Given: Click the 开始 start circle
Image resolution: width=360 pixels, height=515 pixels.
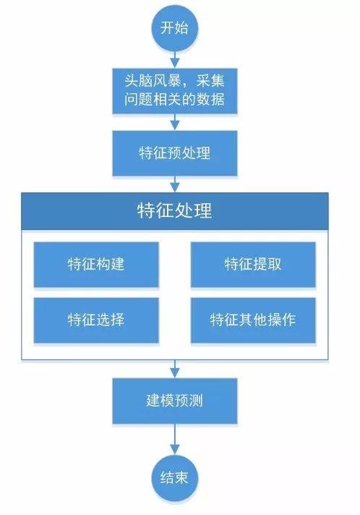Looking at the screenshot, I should click(x=174, y=28).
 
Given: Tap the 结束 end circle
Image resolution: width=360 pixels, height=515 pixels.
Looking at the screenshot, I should click(x=174, y=477).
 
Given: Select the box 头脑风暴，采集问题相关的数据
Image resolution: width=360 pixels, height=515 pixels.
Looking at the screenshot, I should click(x=174, y=90).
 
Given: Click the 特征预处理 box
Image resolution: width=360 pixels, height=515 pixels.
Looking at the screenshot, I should click(x=174, y=154).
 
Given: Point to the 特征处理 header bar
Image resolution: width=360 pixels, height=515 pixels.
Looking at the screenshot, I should click(x=174, y=211).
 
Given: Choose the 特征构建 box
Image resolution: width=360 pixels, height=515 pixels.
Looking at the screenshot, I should click(x=95, y=263).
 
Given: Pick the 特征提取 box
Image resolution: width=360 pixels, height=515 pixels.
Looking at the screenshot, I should click(x=253, y=263).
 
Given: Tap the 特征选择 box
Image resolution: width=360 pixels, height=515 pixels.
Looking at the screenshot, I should click(x=95, y=319).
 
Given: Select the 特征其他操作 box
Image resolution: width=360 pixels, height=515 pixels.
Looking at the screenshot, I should click(x=253, y=319).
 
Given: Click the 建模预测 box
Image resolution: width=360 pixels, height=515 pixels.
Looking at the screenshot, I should click(x=174, y=400).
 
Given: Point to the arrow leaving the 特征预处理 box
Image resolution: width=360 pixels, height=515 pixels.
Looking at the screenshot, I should click(x=174, y=184).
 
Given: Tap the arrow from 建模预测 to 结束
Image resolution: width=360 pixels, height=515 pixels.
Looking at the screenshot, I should click(x=174, y=438).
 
